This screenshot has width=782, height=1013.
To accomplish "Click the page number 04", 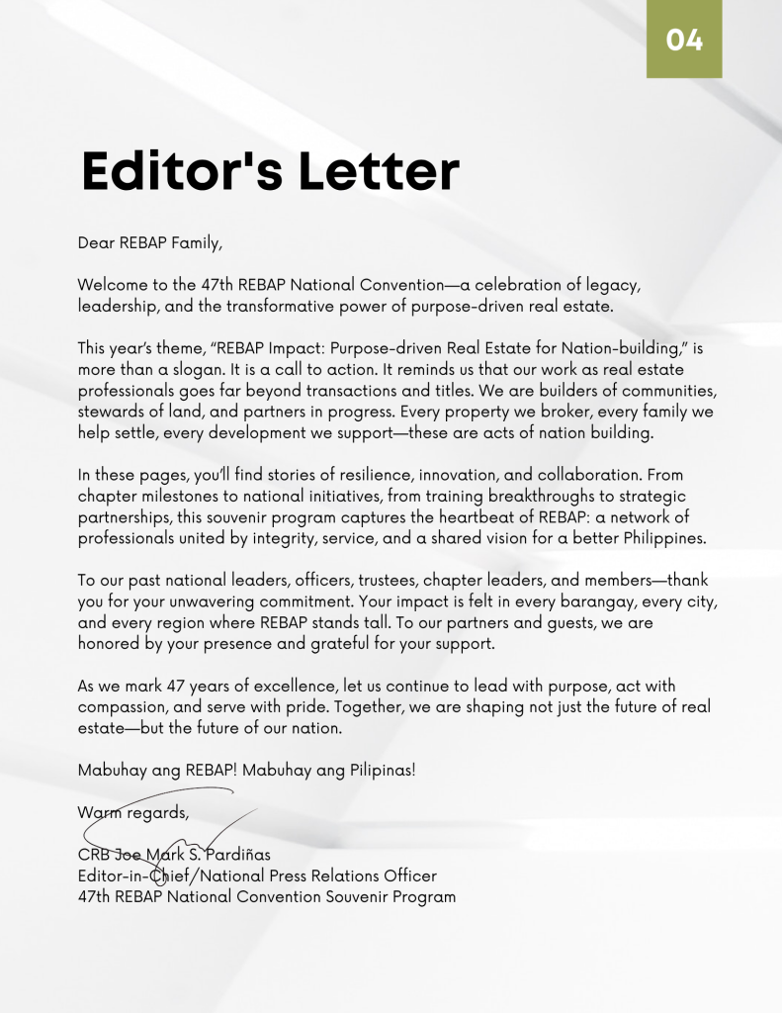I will coord(684,41).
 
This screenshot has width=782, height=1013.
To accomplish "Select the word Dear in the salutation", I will coord(97,241).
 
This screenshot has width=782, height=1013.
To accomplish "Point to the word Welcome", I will coord(113,285).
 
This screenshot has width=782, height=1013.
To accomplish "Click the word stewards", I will coord(111,412).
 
